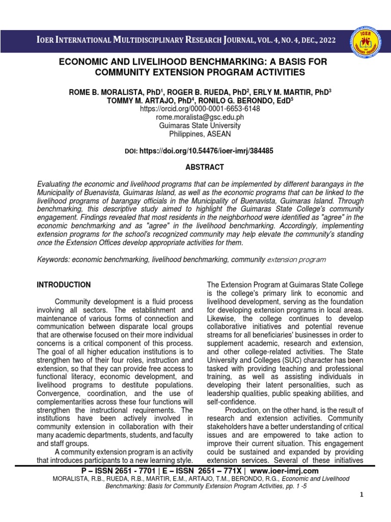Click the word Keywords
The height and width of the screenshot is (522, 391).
53,259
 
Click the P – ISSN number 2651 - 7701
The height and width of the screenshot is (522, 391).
127,471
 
